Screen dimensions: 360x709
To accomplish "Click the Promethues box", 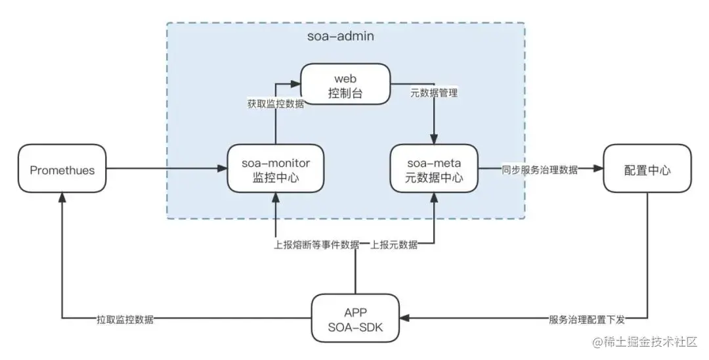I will coord(62,170).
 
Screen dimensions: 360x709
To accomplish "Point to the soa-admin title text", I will coord(341,36).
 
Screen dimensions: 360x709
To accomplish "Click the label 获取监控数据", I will coord(276,103).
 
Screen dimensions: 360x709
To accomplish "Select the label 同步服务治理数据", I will coord(540,169).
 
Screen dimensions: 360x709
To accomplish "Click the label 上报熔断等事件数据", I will coord(316,245).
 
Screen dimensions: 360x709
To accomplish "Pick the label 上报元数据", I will coord(394,245).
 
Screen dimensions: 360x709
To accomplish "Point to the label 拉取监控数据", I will coord(126,319).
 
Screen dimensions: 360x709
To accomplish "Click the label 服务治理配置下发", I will coord(586,319).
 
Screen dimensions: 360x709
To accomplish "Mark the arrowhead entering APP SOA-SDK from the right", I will coord(403,319).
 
